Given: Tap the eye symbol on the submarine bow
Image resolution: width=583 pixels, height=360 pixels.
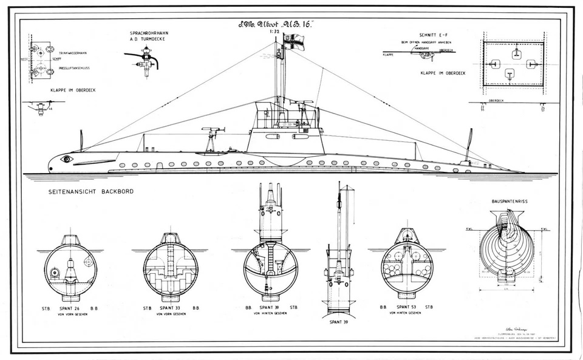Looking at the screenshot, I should (66, 158).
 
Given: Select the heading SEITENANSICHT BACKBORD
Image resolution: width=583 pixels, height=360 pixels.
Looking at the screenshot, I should (91, 192).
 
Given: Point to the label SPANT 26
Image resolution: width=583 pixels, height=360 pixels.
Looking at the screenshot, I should (71, 308).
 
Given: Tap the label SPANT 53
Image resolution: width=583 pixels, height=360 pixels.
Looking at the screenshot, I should (407, 308).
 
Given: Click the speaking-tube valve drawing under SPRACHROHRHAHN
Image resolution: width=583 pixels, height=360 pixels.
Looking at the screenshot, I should (145, 61).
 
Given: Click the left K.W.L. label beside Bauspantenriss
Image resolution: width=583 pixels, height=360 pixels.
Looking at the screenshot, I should (469, 229).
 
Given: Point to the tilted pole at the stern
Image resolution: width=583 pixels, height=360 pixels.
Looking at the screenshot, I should (468, 145).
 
